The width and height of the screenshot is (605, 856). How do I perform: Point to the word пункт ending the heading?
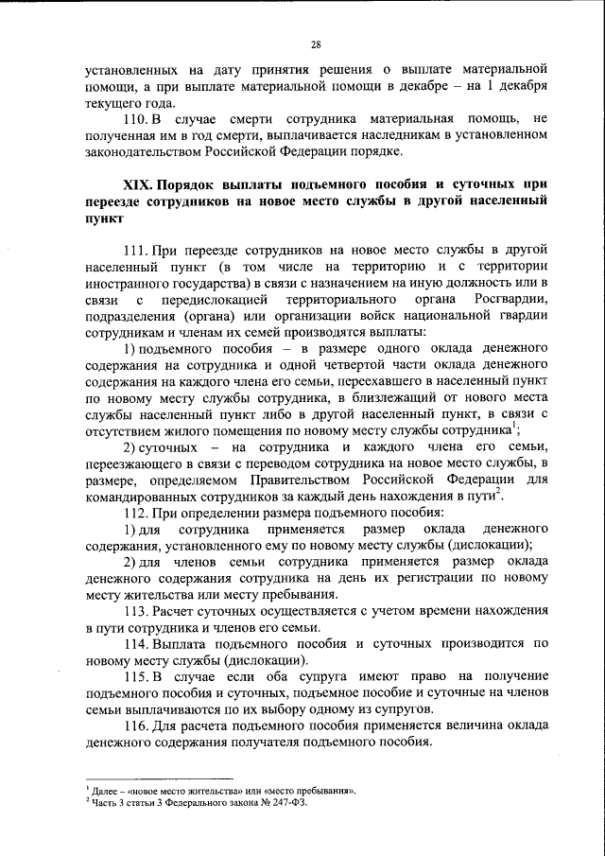point(103,218)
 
